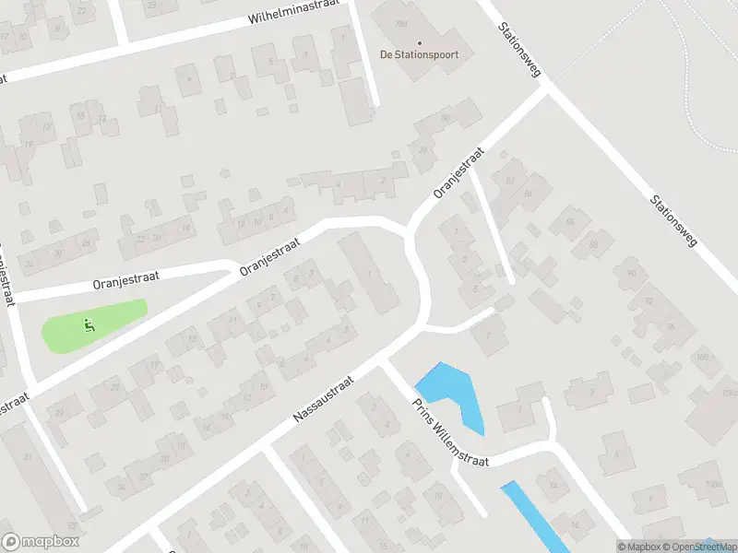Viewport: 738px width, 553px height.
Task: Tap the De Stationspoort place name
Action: tap(419, 55)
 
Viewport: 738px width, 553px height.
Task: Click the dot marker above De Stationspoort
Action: tap(420, 42)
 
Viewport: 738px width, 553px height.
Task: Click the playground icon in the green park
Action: tap(89, 324)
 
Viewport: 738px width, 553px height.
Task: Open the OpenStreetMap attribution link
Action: tap(697, 547)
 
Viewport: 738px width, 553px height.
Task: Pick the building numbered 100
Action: tap(704, 358)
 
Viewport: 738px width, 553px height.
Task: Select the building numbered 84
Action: tap(528, 194)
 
